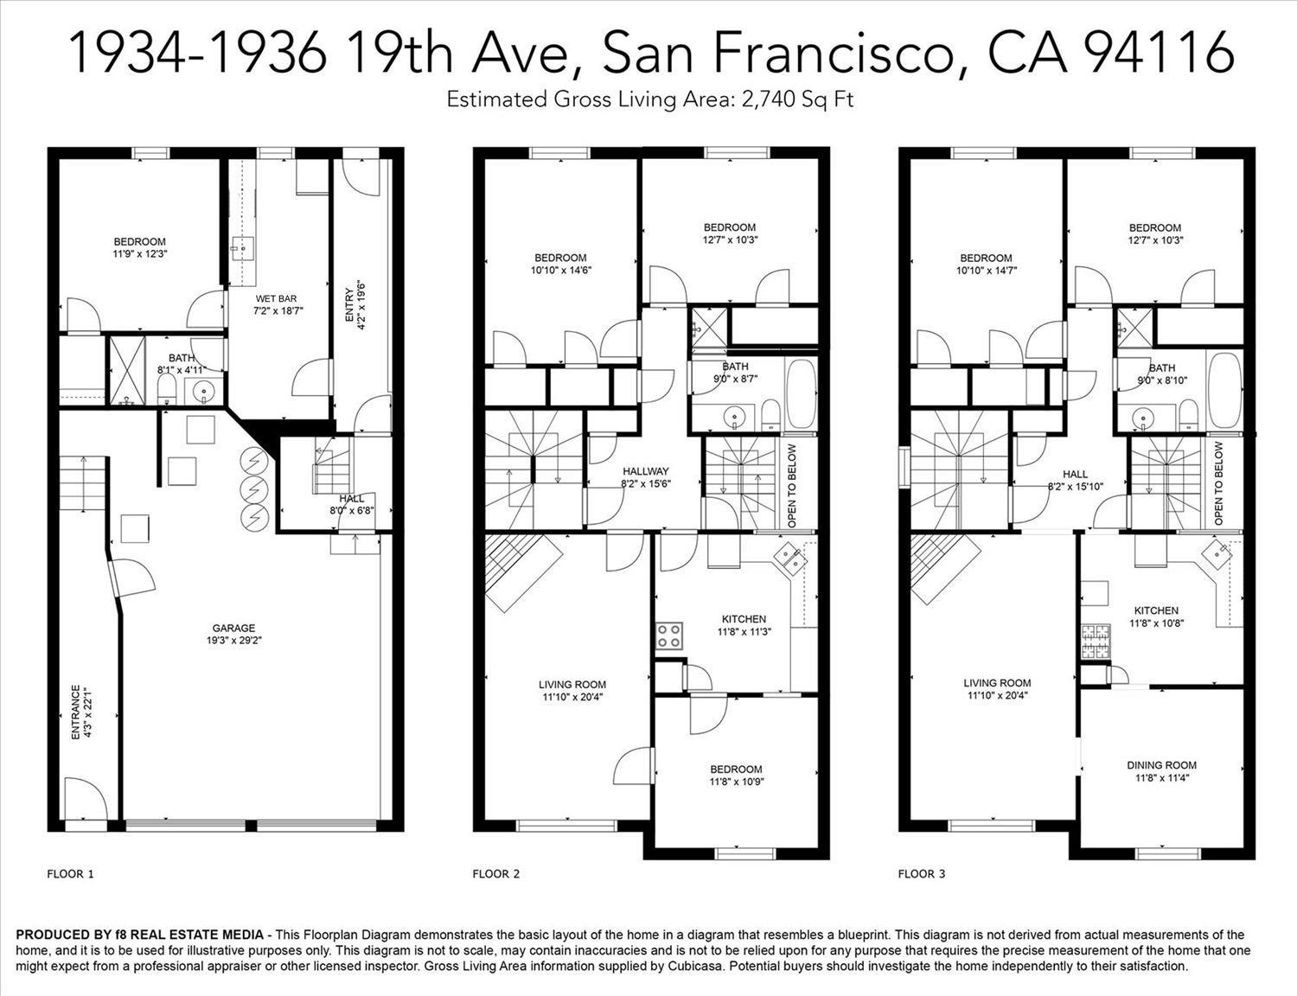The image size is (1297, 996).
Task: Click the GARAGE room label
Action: pos(233,628)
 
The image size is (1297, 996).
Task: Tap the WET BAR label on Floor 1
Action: pos(276,298)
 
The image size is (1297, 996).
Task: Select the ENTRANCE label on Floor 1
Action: pos(76,713)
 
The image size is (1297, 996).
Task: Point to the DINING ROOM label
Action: pos(1161,765)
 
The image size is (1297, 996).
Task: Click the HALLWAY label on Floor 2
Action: pos(646,471)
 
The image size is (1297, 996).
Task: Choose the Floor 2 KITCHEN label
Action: pos(744,619)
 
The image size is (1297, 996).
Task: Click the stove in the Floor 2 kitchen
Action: pos(669,636)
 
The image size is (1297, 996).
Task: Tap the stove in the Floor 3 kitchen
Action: pos(1095,642)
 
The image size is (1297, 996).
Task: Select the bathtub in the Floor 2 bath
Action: pos(801,393)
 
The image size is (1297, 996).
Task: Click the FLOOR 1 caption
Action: pos(70,874)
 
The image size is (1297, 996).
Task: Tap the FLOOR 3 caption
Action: pos(922,874)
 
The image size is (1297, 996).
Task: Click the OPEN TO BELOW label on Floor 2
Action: pos(792,486)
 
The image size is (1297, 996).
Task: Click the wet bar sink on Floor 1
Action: pos(243,246)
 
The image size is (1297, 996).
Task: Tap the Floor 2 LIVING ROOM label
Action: pos(572,685)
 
